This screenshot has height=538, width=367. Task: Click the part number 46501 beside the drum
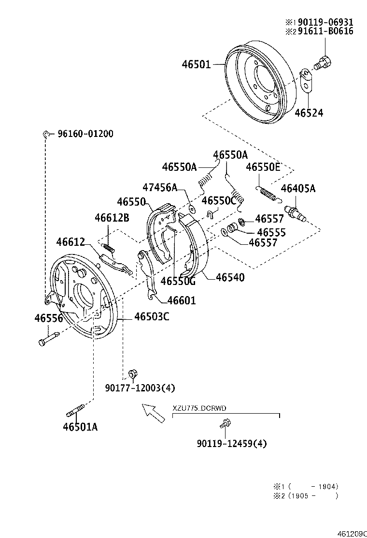click(196, 64)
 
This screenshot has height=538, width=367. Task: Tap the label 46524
click(309, 113)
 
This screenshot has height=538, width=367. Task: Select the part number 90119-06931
click(325, 22)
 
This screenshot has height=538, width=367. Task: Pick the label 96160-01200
click(85, 134)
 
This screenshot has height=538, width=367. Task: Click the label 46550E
click(263, 167)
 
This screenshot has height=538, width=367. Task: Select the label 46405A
click(297, 189)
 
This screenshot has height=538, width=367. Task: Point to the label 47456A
click(160, 187)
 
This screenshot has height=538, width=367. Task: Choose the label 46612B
click(112, 218)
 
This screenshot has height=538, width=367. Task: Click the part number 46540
click(230, 277)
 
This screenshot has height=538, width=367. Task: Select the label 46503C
click(151, 316)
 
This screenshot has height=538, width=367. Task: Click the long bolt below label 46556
click(48, 337)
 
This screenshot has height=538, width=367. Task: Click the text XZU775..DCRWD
click(199, 408)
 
